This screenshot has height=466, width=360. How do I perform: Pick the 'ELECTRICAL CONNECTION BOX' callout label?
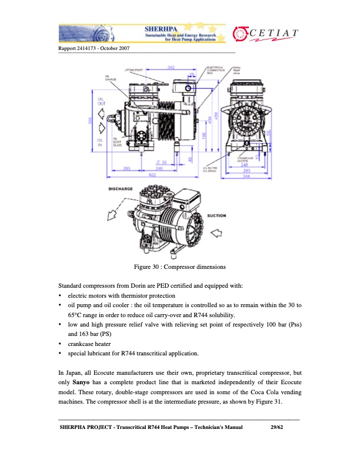pos(215,70)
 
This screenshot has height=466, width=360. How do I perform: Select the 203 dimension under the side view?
pos(127,169)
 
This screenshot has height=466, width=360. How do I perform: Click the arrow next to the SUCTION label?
pos(216,232)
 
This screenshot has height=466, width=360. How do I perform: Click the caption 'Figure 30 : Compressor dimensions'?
pos(179,268)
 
